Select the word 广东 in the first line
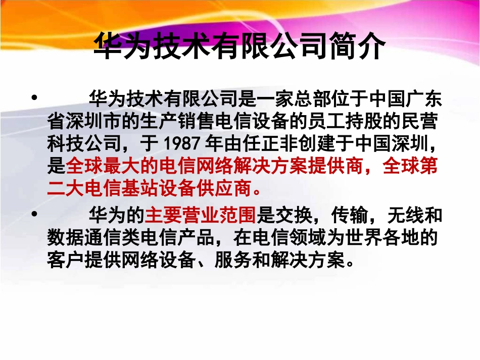click(424, 98)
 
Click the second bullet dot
click(35, 214)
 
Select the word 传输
click(349, 215)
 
